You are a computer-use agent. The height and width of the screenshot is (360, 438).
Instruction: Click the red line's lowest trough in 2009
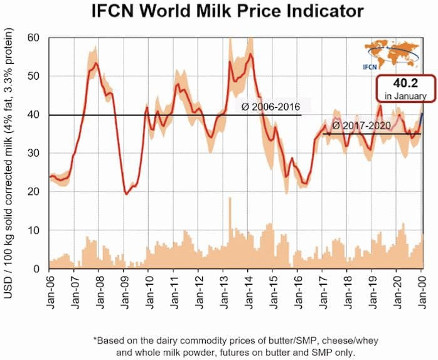tap(126, 194)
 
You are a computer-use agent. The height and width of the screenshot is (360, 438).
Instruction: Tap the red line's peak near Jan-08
tap(95, 63)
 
